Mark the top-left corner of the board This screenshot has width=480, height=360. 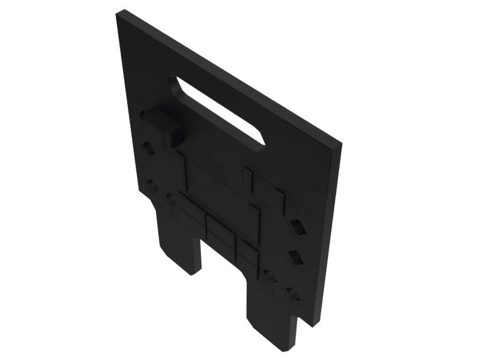tap(118, 13)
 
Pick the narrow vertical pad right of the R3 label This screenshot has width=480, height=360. tap(247, 178)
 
